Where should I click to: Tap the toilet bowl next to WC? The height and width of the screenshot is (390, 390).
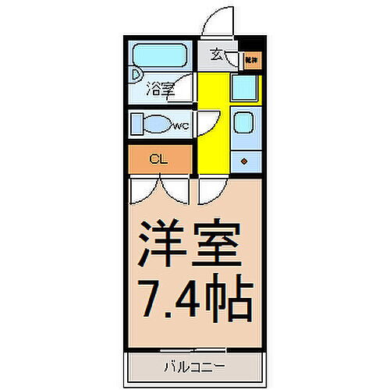[158, 123]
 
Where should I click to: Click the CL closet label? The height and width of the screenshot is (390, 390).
[158, 160]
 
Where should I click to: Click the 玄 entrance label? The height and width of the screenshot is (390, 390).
[215, 56]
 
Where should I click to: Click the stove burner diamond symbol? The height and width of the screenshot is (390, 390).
[245, 161]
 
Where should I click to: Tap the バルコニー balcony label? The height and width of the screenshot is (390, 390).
[194, 364]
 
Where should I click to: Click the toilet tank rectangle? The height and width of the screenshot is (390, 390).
[136, 124]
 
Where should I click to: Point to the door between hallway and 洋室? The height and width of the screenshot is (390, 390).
[210, 189]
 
